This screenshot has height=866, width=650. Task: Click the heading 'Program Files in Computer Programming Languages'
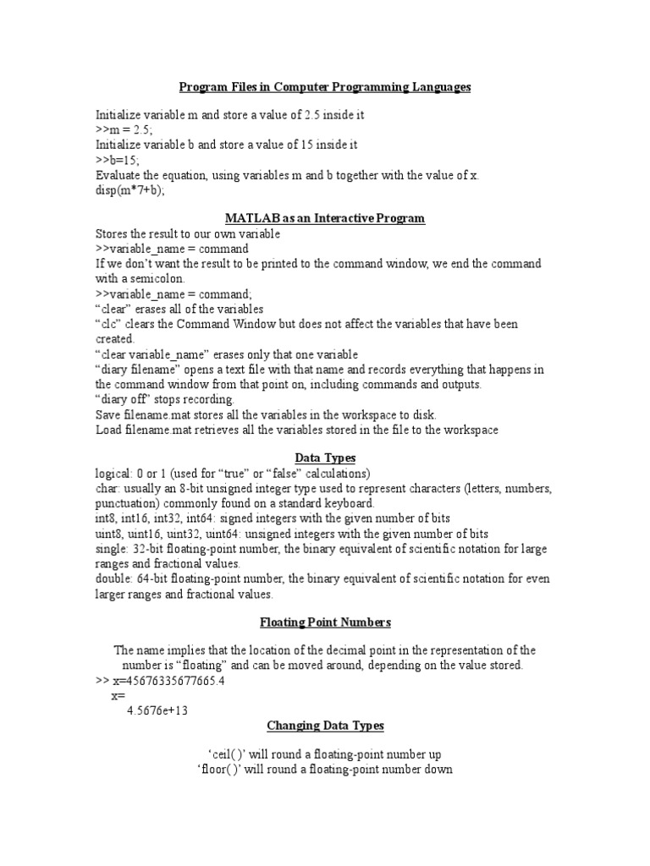coord(324,87)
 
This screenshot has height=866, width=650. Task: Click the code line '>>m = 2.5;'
coord(124,129)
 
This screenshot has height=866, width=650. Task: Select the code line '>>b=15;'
coord(118,160)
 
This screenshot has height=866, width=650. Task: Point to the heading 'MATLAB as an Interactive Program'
coord(324,218)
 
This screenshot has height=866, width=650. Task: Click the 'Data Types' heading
coord(324,458)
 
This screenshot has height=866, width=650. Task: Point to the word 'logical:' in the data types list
coord(116,473)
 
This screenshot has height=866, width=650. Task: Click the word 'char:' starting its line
coord(109,488)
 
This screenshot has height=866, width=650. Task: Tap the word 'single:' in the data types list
coord(114,549)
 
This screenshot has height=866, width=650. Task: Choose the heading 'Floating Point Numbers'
coord(324,622)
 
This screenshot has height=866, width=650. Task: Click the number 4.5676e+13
coord(157,710)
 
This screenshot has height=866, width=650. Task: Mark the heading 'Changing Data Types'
coord(325,726)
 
